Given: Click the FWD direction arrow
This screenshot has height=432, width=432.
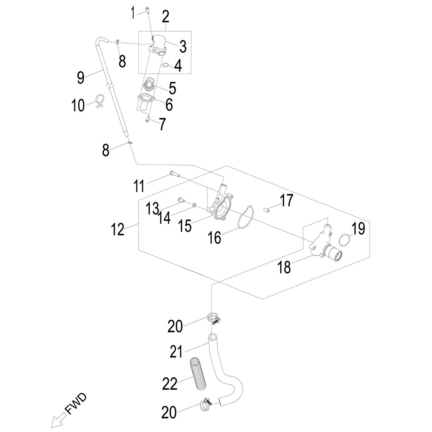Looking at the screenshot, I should (57, 421).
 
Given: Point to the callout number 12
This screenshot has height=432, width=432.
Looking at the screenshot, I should (118, 230).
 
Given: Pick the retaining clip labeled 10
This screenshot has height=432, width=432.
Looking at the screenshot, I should (100, 102).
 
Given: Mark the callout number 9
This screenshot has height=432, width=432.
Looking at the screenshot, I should (81, 77).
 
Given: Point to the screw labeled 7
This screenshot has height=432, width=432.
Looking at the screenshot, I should (147, 120).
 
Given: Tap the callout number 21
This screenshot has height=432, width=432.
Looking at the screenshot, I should (176, 351).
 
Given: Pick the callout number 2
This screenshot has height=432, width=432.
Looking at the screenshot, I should (165, 17).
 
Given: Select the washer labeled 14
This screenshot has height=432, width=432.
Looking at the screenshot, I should (194, 205).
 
